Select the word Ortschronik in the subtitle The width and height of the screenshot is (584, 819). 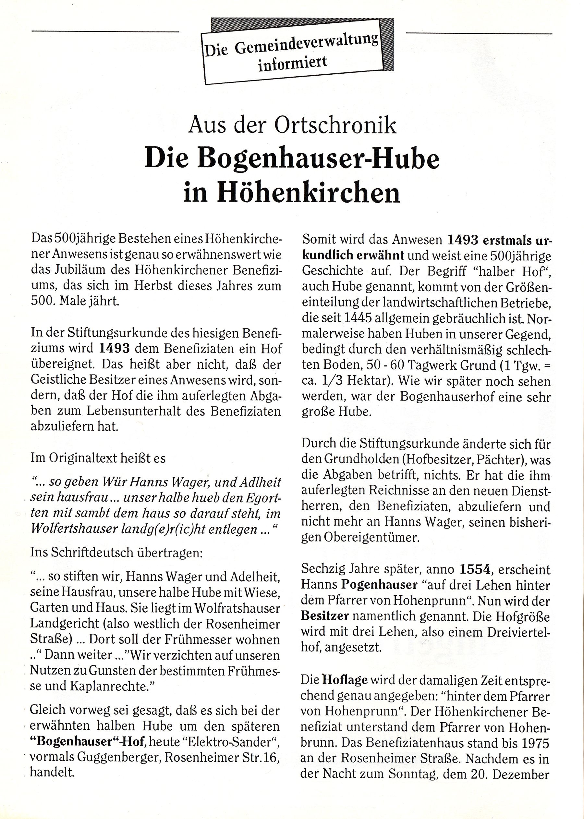tap(335, 126)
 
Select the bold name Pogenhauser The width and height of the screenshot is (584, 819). tap(379, 585)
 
